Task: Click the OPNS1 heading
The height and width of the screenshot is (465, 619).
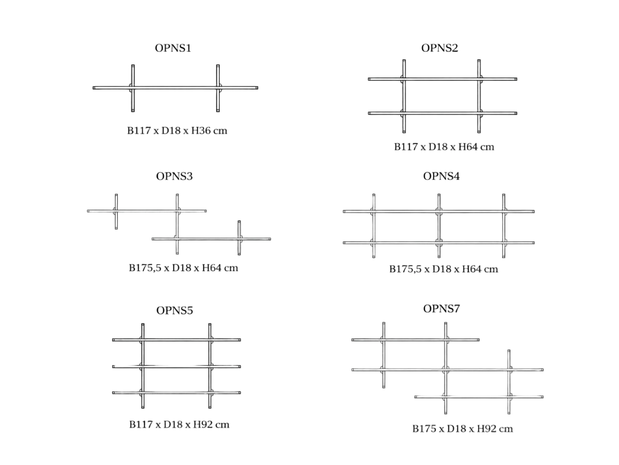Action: (x=173, y=48)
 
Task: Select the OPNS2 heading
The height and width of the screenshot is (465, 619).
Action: (x=440, y=48)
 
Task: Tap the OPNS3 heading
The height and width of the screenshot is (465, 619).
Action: (x=174, y=176)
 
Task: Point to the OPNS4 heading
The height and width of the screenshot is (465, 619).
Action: (x=441, y=176)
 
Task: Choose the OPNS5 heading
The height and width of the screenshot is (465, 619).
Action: (x=175, y=311)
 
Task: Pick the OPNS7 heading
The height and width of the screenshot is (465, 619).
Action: (x=442, y=309)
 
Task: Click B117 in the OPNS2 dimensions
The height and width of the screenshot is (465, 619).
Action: (x=406, y=147)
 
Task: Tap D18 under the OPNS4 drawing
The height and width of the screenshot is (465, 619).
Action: (x=442, y=269)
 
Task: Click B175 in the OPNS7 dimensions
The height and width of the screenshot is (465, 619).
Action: (x=424, y=429)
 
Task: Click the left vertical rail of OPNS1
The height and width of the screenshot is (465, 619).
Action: (x=133, y=88)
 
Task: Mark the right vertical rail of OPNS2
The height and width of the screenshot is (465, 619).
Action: (x=479, y=96)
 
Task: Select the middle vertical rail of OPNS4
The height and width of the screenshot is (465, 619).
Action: (x=439, y=226)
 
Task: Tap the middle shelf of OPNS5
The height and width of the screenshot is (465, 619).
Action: (x=177, y=367)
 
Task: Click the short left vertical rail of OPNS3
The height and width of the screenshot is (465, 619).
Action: (x=116, y=211)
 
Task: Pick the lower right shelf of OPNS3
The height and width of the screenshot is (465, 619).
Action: (x=211, y=239)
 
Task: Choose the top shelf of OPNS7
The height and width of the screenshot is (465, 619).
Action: (x=415, y=340)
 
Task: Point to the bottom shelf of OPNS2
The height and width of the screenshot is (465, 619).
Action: (x=442, y=113)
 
